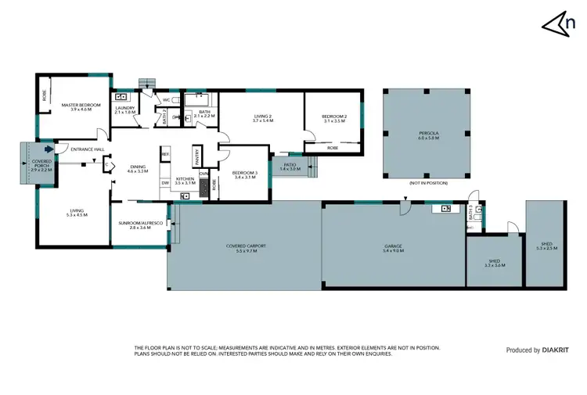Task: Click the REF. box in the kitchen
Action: (x=165, y=155)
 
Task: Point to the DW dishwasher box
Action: (x=165, y=183)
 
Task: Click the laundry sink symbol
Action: (x=122, y=97)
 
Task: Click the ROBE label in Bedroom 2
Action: (x=332, y=146)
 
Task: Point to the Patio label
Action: (x=289, y=166)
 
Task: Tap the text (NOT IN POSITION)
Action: (x=427, y=183)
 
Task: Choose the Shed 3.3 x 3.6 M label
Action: (x=494, y=264)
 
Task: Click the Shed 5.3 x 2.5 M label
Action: (x=546, y=246)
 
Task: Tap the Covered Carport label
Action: (x=247, y=248)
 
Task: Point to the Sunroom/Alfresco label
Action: (x=140, y=224)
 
